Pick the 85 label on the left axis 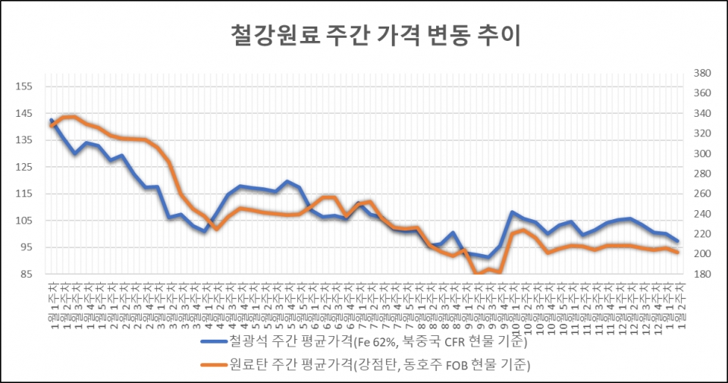click(x=25, y=274)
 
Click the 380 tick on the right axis click(x=701, y=74)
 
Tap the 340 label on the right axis click(x=701, y=114)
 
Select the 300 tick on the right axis click(x=701, y=154)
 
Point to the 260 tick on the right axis click(x=701, y=194)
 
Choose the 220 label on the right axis click(x=701, y=234)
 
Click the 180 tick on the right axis click(x=701, y=274)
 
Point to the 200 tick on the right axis click(x=701, y=254)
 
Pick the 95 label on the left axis click(x=25, y=247)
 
